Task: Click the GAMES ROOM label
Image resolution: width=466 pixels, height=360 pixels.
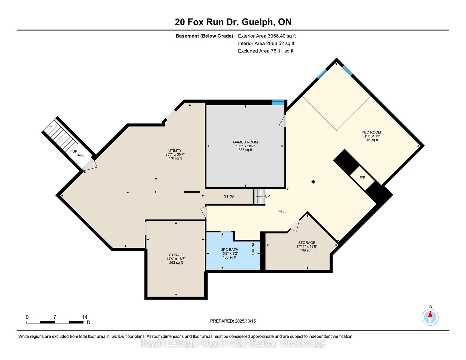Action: click(x=245, y=142)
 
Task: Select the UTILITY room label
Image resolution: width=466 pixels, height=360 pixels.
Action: click(x=175, y=151)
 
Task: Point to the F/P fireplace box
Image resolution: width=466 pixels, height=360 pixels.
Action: click(x=362, y=178)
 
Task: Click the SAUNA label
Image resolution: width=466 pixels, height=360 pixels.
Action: click(x=253, y=249)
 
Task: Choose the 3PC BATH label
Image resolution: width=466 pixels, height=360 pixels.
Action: click(x=229, y=250)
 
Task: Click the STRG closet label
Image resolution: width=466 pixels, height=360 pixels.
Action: click(x=229, y=196)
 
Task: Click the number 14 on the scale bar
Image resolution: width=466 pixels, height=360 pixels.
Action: click(x=85, y=317)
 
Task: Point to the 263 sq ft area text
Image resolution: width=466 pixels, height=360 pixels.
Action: click(x=176, y=262)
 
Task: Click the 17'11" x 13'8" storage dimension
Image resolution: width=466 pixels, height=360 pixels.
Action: click(x=307, y=247)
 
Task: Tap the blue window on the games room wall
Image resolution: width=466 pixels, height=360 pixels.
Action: click(x=278, y=102)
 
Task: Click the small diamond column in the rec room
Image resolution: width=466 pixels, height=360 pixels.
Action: click(x=313, y=181)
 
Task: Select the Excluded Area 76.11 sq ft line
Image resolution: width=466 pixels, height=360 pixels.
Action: click(x=266, y=51)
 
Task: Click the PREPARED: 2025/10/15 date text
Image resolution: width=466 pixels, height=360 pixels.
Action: click(x=233, y=321)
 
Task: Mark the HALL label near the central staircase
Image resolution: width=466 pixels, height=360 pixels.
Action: click(x=282, y=211)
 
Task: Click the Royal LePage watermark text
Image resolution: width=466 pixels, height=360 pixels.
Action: click(x=233, y=343)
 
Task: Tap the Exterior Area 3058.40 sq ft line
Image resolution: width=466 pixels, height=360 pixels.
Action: click(x=267, y=36)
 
